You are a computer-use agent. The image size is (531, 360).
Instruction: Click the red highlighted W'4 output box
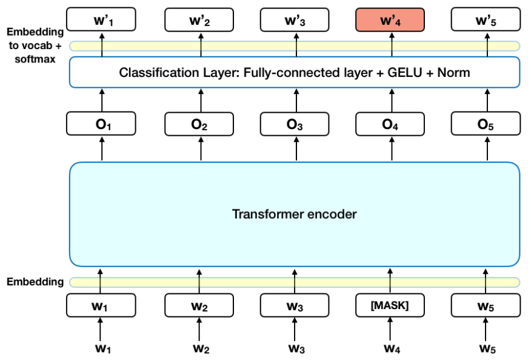pos(390,21)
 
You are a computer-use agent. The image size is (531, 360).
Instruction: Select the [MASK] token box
pos(390,305)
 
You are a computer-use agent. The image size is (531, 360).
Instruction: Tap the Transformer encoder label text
pos(295,214)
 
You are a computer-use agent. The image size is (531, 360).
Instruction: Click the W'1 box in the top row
pos(101,21)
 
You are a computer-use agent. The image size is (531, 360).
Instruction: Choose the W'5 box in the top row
pos(486,21)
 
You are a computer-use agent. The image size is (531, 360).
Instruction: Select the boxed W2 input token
pos(199,305)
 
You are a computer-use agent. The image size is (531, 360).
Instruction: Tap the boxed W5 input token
pos(486,305)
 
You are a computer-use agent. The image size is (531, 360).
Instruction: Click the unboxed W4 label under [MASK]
pos(390,348)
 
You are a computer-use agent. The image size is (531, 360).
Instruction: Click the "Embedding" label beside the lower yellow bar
pos(35,282)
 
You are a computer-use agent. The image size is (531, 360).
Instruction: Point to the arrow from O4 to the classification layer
pos(390,101)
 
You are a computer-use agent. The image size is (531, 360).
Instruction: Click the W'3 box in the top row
pos(295,21)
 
